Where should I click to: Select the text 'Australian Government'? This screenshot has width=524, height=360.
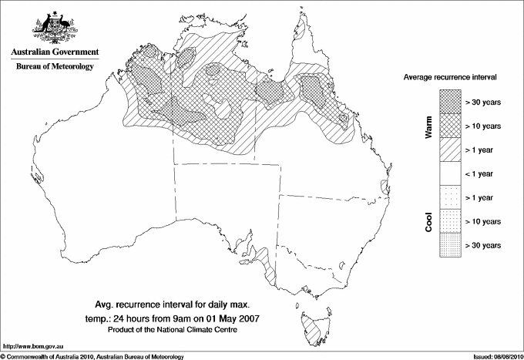[x=54, y=52]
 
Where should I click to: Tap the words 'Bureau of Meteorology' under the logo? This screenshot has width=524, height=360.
[x=54, y=67]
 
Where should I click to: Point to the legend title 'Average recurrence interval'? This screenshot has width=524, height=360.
[x=450, y=79]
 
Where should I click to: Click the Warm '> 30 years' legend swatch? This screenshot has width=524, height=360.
[x=448, y=101]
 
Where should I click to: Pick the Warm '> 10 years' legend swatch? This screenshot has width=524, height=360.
[x=448, y=125]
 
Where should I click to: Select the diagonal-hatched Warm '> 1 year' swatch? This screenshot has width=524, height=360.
[x=448, y=149]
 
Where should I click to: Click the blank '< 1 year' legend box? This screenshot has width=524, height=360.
[x=448, y=173]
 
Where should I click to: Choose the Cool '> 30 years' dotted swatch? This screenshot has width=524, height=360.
[x=448, y=244]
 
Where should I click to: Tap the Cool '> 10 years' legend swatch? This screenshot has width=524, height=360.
[x=448, y=220]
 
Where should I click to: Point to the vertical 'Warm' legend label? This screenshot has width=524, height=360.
[x=429, y=127]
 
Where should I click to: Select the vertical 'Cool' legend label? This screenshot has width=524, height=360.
[x=429, y=221]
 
